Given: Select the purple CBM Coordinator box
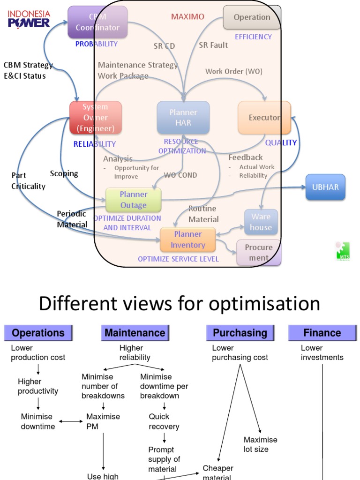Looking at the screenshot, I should tap(97, 22).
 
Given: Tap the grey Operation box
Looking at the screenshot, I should tap(252, 17).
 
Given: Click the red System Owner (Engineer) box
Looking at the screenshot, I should tap(96, 118).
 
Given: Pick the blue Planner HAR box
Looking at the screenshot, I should tap(183, 118).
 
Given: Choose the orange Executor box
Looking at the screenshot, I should tap(264, 118).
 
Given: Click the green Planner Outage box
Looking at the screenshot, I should tap(134, 200).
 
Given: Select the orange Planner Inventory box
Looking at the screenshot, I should tap(188, 240).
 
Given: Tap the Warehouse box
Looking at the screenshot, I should tap(261, 222).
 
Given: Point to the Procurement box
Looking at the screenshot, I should tap(259, 252).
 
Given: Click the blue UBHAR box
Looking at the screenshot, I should tap(325, 187).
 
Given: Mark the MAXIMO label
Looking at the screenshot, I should tap(187, 17).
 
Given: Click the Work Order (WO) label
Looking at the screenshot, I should tap(234, 71).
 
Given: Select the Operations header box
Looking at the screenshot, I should tap(38, 333).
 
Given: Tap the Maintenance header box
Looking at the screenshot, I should tap(135, 333).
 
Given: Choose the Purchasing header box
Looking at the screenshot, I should tap(240, 333).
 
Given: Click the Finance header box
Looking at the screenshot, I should tap(322, 333).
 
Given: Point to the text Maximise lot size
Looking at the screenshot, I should tap(260, 444).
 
